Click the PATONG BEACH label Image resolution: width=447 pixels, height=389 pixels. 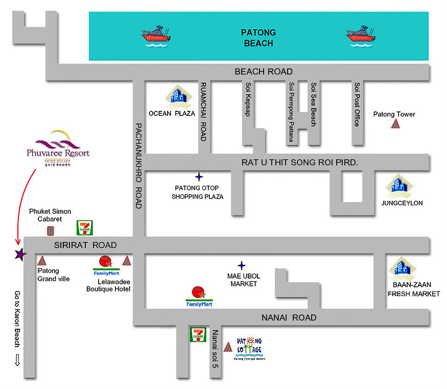[x=258, y=38]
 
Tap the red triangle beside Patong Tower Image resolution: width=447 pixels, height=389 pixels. [x=395, y=124]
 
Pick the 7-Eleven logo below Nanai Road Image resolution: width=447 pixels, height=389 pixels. [x=198, y=335]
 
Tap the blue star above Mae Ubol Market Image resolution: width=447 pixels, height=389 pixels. [x=242, y=265]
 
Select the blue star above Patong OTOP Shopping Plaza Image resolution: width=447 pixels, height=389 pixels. [x=199, y=177]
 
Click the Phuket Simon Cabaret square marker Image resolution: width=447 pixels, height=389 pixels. [x=50, y=230]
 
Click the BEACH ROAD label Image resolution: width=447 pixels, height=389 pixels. [x=264, y=71]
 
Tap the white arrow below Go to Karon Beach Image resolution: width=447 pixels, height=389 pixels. [x=17, y=360]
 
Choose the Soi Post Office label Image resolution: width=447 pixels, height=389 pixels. [x=357, y=105]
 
